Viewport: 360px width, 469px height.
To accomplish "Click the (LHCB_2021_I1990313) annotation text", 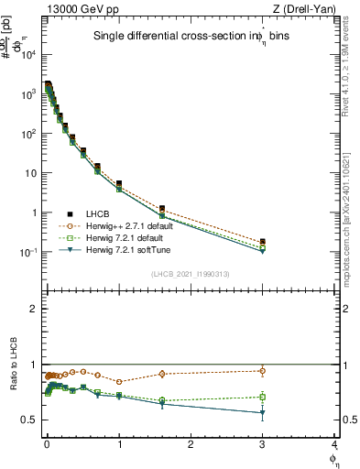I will tap(191, 274).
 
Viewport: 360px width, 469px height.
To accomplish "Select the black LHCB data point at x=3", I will tap(263, 241).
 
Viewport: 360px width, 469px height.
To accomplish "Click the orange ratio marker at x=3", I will tap(263, 371).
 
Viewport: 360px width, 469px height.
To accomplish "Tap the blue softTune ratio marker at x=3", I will tap(263, 413).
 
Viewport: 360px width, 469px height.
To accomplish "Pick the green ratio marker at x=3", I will tap(263, 397).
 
